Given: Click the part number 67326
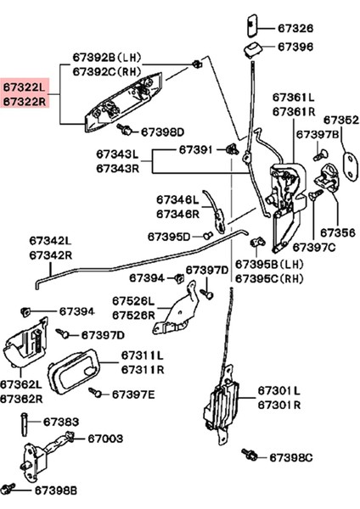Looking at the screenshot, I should pyautogui.click(x=295, y=27).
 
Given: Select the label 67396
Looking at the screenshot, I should pyautogui.click(x=295, y=48).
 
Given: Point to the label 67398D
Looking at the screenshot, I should pyautogui.click(x=162, y=131).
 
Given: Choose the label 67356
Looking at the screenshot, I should pyautogui.click(x=337, y=232).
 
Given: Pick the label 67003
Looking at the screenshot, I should pyautogui.click(x=106, y=439).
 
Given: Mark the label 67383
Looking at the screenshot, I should pyautogui.click(x=61, y=421).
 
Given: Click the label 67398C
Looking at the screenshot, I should pyautogui.click(x=291, y=457).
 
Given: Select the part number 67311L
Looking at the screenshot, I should pyautogui.click(x=142, y=355).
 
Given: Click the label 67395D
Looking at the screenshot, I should pyautogui.click(x=169, y=236).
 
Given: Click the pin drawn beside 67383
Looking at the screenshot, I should pyautogui.click(x=25, y=423).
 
